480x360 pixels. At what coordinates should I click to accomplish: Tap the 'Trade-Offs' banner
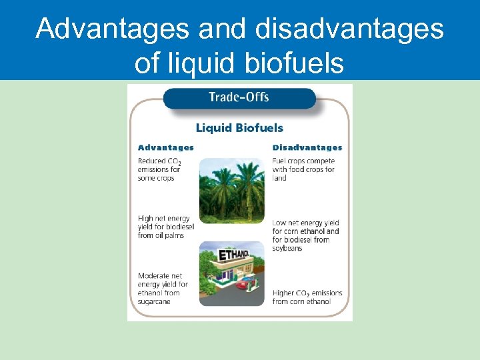[x=239, y=97]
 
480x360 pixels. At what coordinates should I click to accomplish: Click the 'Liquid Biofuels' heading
[x=239, y=127]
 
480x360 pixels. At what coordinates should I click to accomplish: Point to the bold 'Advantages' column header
[x=165, y=147]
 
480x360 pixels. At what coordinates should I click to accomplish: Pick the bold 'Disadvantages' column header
[x=307, y=147]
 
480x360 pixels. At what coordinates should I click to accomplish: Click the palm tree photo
[x=231, y=190]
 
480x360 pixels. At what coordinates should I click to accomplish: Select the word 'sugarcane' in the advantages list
[x=154, y=302]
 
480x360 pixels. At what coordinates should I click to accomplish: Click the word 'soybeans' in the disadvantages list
[x=287, y=249]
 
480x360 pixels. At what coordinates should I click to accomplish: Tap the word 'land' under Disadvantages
[x=279, y=179]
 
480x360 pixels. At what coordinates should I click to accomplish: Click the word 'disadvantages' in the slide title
[x=347, y=29]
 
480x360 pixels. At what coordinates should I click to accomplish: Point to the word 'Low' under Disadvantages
[x=279, y=223]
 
